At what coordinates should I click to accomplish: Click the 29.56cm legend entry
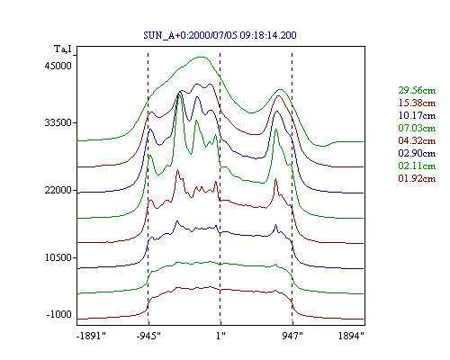[x=417, y=90]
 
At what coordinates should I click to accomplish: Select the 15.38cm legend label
[x=417, y=103]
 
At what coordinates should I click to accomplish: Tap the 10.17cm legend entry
[x=417, y=115]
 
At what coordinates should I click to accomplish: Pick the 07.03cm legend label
[x=417, y=128]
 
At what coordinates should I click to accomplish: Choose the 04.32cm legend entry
[x=417, y=140]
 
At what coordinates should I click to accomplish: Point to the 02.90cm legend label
[x=417, y=153]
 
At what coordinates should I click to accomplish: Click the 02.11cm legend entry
[x=417, y=166]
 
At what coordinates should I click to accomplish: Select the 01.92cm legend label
[x=417, y=178]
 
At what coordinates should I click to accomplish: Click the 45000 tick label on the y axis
[x=58, y=66]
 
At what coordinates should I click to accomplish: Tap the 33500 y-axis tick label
[x=58, y=122]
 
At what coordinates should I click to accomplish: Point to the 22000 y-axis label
[x=58, y=190]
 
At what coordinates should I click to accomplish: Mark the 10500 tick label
[x=58, y=257]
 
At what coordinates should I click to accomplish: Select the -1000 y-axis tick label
[x=59, y=314]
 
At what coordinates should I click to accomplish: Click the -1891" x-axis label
[x=92, y=336]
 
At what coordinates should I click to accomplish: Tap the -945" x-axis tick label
[x=148, y=336]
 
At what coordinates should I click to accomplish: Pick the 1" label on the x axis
[x=220, y=336]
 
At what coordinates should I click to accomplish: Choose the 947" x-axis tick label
[x=292, y=336]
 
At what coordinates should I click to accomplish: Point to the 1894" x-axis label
[x=351, y=336]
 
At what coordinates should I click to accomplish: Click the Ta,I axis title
[x=63, y=49]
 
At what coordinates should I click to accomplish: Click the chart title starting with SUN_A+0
[x=220, y=35]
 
